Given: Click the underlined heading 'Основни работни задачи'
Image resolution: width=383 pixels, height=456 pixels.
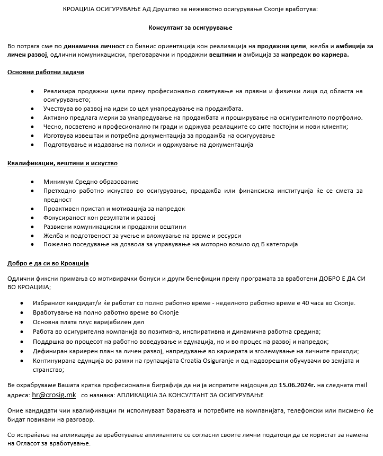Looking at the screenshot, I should pos(46,71).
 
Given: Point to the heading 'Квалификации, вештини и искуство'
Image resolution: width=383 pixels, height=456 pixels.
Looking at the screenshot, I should pos(63,163).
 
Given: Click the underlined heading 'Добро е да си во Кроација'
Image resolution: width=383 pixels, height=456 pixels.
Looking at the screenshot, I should pos(48,263).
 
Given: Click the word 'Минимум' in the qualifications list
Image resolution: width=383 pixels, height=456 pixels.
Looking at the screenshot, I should pos(58,182).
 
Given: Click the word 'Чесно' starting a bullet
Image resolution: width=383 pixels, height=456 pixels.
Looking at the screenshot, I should pos(53,127).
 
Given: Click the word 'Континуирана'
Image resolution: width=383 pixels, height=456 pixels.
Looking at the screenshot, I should pos(65,361).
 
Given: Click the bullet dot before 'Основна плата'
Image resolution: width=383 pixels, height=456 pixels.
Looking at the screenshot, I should pos(21,323).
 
